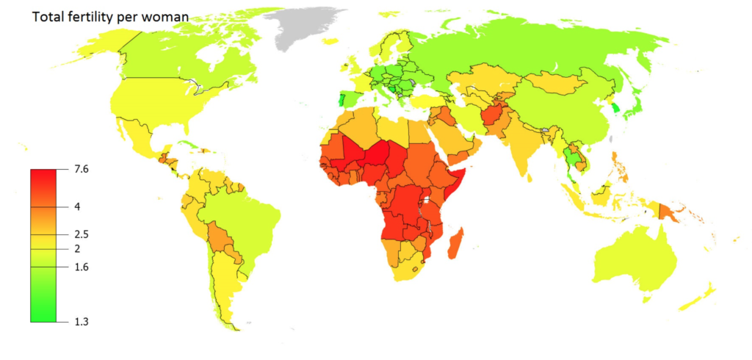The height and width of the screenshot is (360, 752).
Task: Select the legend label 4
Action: pyautogui.click(x=77, y=207)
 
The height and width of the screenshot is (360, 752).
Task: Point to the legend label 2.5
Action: pyautogui.click(x=81, y=234)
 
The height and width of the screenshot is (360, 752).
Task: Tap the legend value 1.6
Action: pyautogui.click(x=81, y=267)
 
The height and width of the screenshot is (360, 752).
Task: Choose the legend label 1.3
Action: pyautogui.click(x=81, y=321)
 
